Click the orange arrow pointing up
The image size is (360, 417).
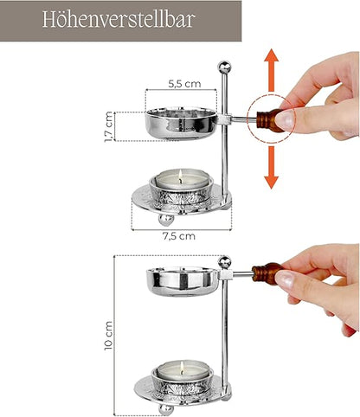pos(271,68)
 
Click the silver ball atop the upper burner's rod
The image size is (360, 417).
pos(224,67)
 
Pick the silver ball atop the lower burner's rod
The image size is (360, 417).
pos(224,262)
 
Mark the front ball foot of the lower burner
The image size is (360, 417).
pos(164,408)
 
